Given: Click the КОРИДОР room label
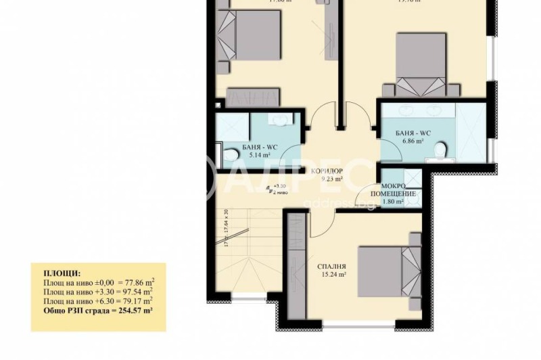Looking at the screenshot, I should (x=327, y=171).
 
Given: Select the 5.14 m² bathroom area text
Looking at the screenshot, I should (x=255, y=154).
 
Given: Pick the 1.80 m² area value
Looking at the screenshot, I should (x=393, y=201).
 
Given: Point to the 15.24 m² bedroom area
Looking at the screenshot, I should (x=333, y=275).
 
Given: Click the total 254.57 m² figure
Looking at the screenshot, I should (x=133, y=310).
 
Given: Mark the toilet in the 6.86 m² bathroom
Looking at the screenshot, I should (x=440, y=148).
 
